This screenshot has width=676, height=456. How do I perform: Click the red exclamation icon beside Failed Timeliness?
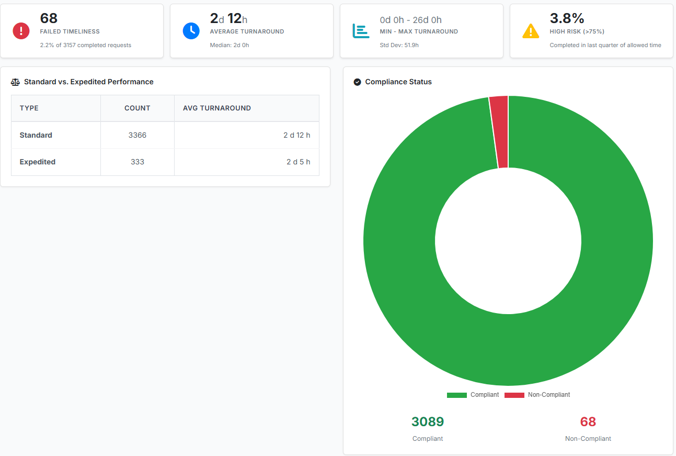pos(21,31)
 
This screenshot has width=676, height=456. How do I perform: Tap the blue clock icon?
pos(191,31)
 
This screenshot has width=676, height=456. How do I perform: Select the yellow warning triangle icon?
pos(531,31)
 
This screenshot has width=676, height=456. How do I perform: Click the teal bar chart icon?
pos(361,31)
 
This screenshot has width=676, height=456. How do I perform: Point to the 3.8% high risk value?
pos(567,19)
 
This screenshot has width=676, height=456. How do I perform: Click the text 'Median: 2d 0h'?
pos(229,45)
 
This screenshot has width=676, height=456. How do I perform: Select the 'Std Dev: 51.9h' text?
pos(399,45)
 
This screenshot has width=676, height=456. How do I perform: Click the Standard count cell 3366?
pos(137,135)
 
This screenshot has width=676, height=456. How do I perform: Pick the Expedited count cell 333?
pos(137,162)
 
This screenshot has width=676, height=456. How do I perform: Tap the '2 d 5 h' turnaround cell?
pos(298,162)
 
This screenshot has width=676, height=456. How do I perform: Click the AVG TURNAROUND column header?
pos(216,108)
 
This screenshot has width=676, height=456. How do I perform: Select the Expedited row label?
pos(38,162)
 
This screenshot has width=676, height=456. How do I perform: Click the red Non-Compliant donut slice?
pos(499,131)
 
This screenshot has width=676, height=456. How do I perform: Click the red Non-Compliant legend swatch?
pos(514,395)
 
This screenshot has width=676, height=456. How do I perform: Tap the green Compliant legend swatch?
pos(456,395)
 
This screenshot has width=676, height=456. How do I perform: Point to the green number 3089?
pos(427,421)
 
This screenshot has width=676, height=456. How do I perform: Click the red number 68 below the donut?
pos(588,421)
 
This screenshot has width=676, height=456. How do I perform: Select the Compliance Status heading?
pos(398,82)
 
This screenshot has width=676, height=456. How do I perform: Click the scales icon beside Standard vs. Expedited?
pos(15,82)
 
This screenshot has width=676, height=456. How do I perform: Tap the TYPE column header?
pos(29,108)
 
